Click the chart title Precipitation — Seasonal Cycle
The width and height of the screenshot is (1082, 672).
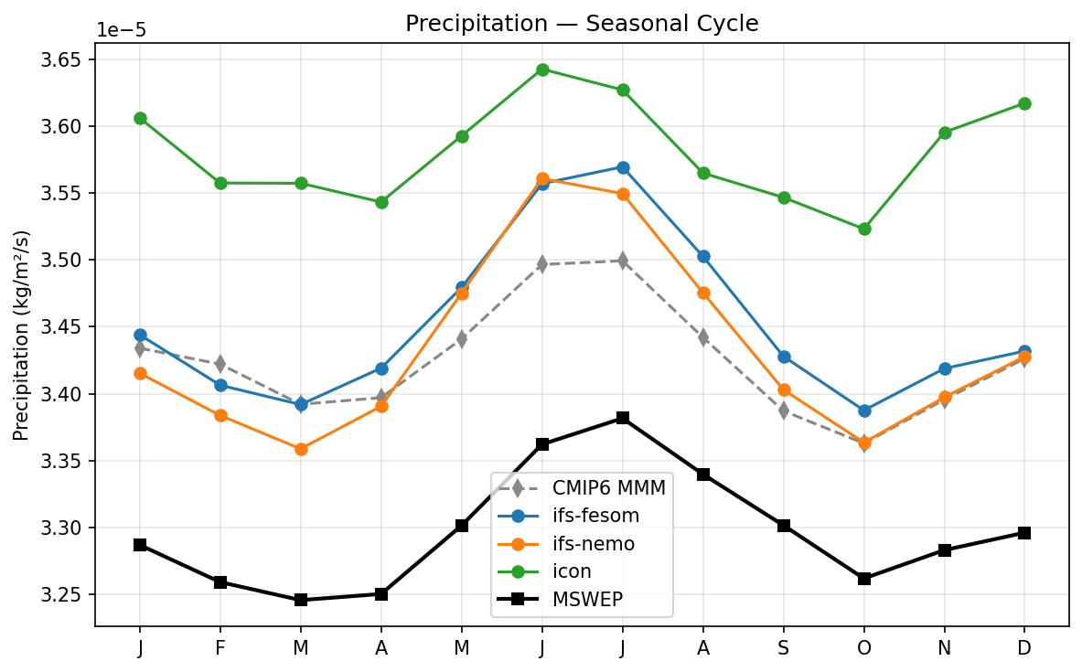click(582, 24)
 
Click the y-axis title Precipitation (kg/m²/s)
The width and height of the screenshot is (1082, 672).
click(22, 335)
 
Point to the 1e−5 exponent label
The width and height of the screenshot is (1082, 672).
click(122, 30)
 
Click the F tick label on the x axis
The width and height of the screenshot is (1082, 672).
click(220, 647)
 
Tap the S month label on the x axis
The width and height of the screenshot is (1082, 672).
click(784, 647)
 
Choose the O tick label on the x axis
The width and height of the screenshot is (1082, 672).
click(864, 647)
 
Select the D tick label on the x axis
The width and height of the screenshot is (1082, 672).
click(1024, 647)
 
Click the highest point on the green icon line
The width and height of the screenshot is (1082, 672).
click(542, 69)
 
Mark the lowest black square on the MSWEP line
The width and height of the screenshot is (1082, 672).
click(301, 600)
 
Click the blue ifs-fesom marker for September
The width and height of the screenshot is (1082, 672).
click(784, 357)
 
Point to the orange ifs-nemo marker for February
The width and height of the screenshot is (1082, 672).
click(220, 415)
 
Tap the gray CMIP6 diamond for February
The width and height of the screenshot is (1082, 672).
click(220, 364)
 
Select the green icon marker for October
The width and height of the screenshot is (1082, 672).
click(864, 229)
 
